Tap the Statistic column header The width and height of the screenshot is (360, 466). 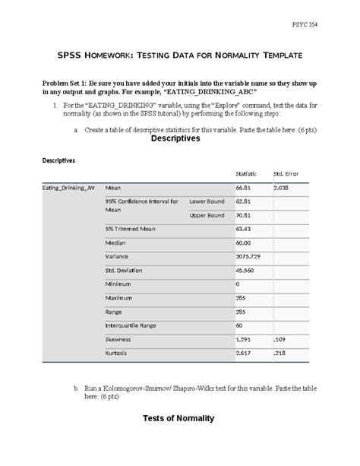248,173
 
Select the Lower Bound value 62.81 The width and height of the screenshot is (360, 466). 243,201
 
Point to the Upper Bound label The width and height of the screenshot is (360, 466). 207,215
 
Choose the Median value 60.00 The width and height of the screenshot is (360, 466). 243,243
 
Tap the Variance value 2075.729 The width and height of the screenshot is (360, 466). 248,257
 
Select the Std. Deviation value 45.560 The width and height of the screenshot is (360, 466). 245,271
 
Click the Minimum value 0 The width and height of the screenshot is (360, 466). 238,284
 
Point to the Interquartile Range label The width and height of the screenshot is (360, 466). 131,325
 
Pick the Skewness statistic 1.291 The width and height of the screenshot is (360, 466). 243,340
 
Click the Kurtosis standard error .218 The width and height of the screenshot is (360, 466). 279,354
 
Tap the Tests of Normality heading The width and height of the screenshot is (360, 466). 178,418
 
